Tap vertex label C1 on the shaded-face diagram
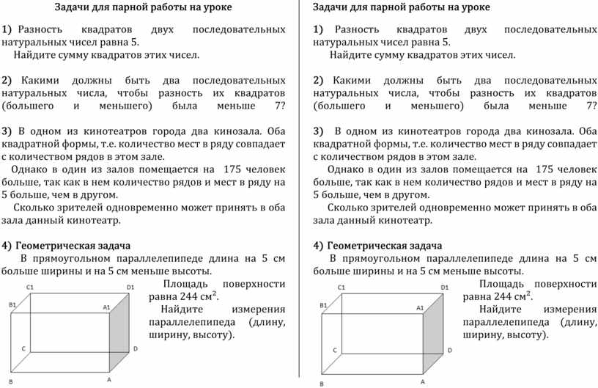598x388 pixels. (x=342, y=288)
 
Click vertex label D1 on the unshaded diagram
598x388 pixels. (x=130, y=286)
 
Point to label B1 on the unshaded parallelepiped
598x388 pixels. (x=12, y=304)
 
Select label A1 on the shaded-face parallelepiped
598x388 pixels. (x=420, y=308)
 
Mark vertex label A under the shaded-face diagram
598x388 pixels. (x=424, y=381)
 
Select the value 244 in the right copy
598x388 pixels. (x=504, y=296)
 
